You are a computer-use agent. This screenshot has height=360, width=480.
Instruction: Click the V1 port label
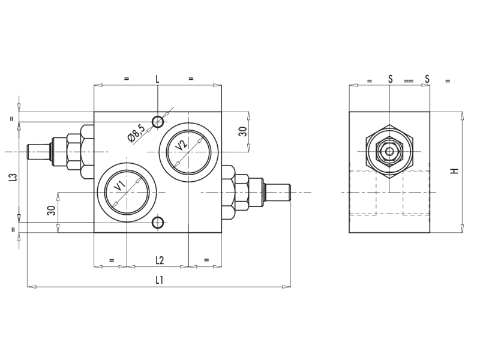119,186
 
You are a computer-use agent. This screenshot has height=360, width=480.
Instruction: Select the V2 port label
181,145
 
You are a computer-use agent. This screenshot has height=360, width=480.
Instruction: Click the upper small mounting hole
158,122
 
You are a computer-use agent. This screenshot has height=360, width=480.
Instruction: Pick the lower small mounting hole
158,223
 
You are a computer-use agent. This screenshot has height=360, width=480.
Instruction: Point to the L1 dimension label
159,280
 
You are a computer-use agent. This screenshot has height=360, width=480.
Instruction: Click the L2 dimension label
160,260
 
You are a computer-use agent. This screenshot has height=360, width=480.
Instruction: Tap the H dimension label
455,171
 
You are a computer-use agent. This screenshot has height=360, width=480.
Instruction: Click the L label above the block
157,79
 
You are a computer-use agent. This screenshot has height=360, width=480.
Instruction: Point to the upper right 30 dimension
243,131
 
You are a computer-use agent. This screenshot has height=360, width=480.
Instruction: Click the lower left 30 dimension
52,211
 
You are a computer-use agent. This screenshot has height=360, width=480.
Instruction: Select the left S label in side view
391,79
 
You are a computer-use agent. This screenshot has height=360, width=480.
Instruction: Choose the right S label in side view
427,79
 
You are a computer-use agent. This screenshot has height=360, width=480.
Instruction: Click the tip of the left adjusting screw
27,152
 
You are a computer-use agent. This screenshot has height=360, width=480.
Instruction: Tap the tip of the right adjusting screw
290,192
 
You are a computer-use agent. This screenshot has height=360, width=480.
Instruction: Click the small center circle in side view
389,151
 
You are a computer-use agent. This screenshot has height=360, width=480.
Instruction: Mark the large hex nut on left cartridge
87,152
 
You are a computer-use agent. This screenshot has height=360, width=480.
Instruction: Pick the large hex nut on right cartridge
228,192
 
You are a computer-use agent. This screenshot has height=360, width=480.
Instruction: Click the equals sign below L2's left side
112,260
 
